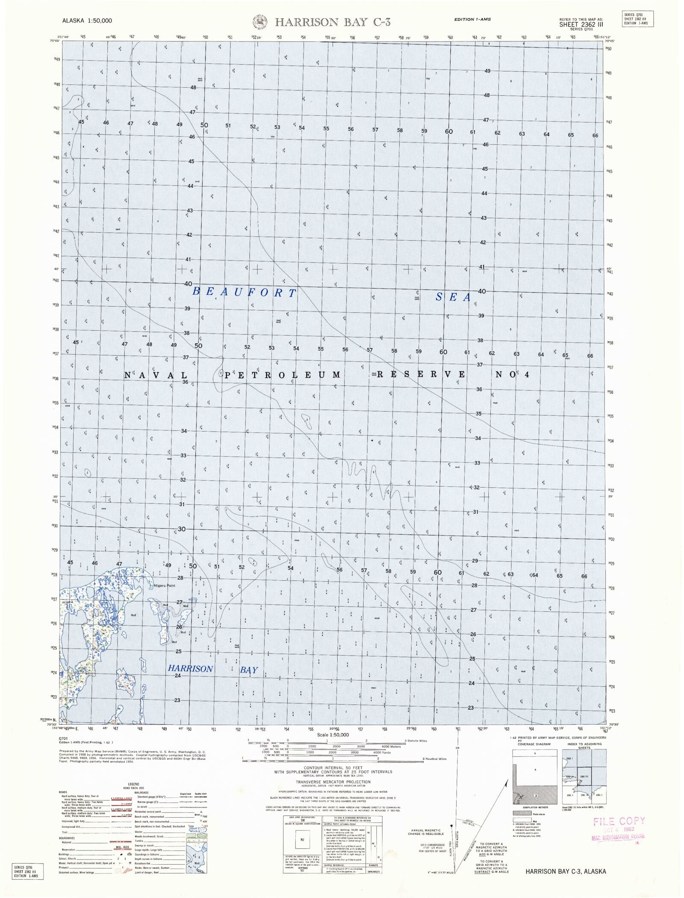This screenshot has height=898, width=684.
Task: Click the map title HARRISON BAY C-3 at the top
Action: [333, 22]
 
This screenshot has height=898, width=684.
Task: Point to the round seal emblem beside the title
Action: [259, 22]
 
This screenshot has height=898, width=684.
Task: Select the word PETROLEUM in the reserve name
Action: [283, 375]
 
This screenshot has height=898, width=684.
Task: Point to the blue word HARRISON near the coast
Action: [190, 668]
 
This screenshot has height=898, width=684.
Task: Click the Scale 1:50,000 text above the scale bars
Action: [333, 734]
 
